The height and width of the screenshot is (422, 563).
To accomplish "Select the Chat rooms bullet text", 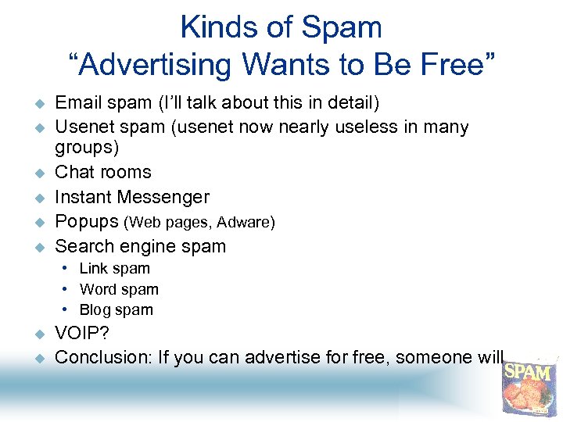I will tap(103, 172).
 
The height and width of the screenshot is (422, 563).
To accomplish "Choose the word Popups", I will tap(87, 222).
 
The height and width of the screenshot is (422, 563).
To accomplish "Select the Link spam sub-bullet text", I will tap(115, 269).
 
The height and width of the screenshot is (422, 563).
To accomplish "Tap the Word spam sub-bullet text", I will tap(119, 289).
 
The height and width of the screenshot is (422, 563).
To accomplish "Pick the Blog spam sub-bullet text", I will tap(117, 309).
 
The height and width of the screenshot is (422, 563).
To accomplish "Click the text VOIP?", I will tap(82, 334).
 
